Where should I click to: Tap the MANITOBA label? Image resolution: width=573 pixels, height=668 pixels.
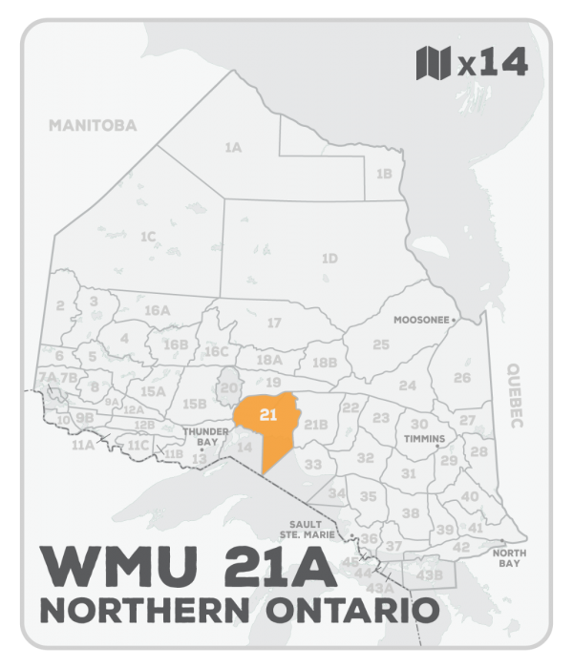pos(94,125)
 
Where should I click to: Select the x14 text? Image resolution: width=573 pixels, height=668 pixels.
pos(492,65)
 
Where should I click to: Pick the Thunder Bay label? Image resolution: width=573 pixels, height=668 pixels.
pos(202,436)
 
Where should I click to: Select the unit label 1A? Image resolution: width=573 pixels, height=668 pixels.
pos(233,148)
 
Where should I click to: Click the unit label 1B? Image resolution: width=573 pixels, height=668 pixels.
pos(384,174)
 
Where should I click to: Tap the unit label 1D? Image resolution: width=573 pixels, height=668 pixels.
pos(329,258)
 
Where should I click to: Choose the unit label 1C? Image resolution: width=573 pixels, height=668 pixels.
pos(148,236)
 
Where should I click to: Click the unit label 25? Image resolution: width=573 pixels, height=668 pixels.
pos(381,344)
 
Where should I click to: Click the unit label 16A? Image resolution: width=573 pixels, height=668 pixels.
pos(157,311)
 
